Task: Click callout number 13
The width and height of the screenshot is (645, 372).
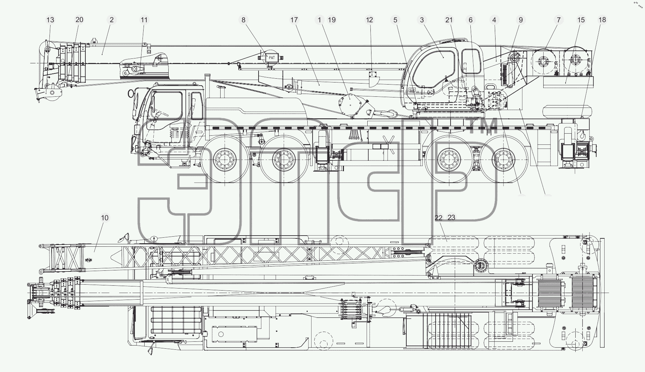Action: point(51,20)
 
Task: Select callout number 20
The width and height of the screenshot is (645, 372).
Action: point(79,20)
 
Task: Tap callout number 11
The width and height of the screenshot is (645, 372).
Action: point(144,20)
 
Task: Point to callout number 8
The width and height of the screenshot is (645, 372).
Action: point(244,20)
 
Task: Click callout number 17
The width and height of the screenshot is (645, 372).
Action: point(294,20)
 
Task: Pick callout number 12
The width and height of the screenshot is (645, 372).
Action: point(369,20)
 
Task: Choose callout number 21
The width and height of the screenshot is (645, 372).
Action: point(449,20)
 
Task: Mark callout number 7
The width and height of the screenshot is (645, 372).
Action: point(559,20)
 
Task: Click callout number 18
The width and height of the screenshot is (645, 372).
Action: point(602,20)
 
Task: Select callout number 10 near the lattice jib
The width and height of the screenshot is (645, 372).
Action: point(105,218)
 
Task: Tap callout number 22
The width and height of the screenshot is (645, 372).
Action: point(439,218)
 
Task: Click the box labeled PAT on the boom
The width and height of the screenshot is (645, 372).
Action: point(271,57)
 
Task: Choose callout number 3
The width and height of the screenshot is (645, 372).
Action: point(422,20)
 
